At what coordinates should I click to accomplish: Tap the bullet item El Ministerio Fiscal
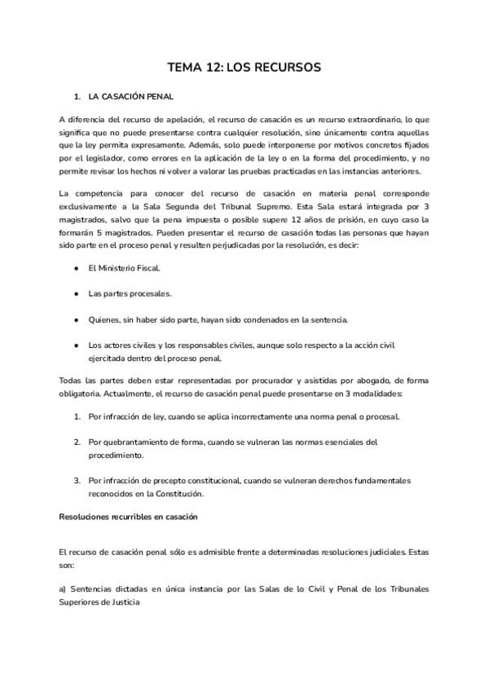[x=125, y=267]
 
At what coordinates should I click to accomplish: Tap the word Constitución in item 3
[x=204, y=494]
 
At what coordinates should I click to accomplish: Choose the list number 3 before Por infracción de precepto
[x=77, y=481]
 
